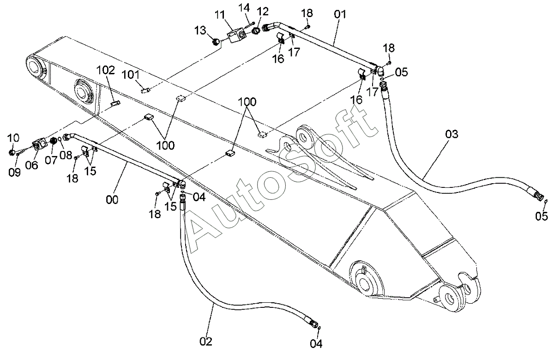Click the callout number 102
point(106,71)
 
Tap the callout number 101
point(131,75)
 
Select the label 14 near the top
point(244,8)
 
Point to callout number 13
point(200,30)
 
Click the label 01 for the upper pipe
point(340,14)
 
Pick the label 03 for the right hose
point(452,134)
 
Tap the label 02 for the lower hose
point(206,342)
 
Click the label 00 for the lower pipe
point(112,200)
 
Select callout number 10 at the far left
point(13,138)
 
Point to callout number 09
point(14,172)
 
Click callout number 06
point(32,165)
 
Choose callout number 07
point(51,160)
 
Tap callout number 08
point(66,155)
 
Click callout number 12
point(262,12)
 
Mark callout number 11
point(219,15)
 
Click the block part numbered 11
point(237,36)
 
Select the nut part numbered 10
point(12,153)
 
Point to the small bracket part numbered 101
point(146,90)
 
